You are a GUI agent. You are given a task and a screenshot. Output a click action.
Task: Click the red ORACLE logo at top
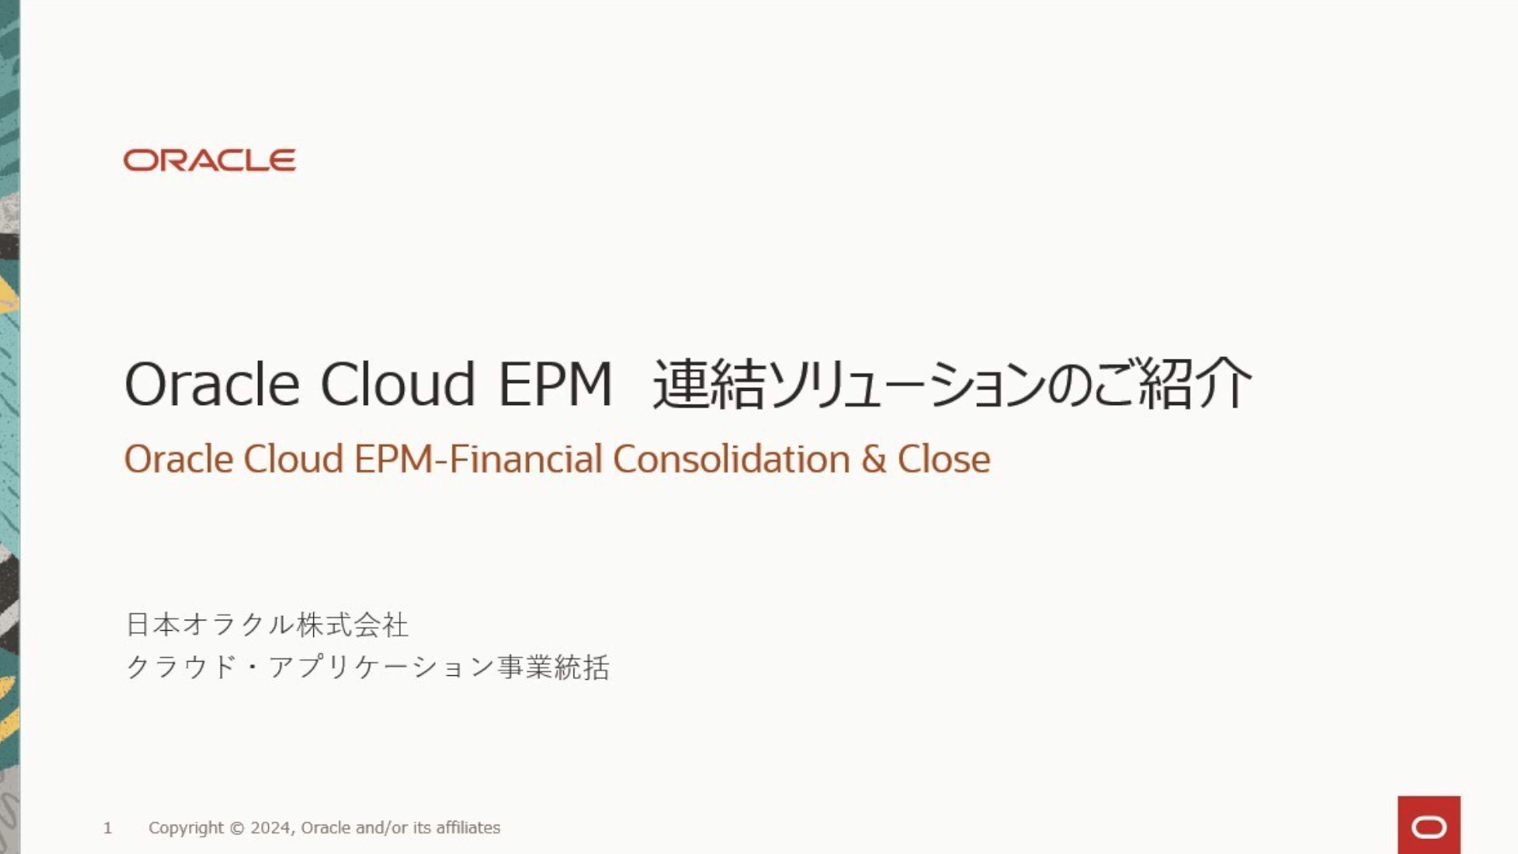(210, 160)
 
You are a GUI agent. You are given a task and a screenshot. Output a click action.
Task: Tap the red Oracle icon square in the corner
(1429, 825)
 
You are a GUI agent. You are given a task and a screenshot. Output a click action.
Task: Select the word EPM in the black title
(555, 385)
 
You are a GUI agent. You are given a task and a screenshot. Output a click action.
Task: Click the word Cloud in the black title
(398, 384)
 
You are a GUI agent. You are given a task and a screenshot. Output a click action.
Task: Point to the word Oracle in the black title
(212, 384)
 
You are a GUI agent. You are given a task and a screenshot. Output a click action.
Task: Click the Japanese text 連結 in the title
(709, 384)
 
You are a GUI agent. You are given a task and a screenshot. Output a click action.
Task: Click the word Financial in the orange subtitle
(526, 459)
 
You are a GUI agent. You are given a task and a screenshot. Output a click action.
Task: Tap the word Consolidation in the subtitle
(732, 459)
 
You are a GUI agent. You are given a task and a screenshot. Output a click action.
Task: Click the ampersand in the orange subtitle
(873, 460)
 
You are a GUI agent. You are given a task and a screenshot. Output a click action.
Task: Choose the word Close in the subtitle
(944, 459)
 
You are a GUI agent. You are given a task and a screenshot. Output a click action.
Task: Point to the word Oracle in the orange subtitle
(179, 459)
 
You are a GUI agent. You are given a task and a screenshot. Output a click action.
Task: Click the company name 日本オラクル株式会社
(267, 624)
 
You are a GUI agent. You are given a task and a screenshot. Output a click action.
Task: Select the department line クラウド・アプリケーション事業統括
(368, 667)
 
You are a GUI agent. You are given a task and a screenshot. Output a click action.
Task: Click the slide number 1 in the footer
(108, 828)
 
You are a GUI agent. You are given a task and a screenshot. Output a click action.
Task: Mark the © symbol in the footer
(237, 828)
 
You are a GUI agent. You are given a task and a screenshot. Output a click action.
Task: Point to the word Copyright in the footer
(186, 828)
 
